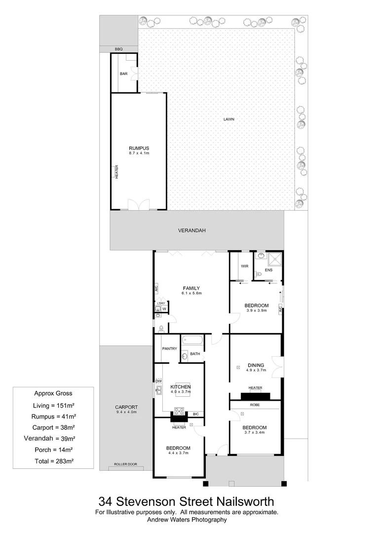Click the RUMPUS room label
point(139,148)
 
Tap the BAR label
point(123,74)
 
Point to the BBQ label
point(118,49)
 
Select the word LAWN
point(228,119)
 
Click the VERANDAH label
point(191,230)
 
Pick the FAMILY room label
point(191,288)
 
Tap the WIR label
point(244,266)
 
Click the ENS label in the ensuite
point(268,270)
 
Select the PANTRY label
point(169,349)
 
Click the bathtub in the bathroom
point(192,341)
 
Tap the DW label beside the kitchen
point(159,381)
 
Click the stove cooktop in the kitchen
point(179,411)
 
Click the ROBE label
point(255,405)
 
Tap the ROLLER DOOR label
point(125,464)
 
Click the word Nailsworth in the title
point(245,502)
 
